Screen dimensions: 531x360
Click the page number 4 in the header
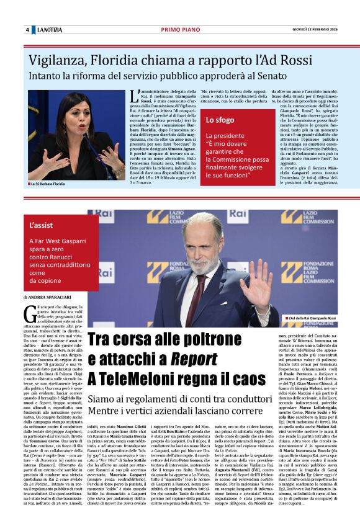27,30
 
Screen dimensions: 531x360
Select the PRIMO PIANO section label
180,30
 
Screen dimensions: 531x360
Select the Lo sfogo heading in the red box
221,120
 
